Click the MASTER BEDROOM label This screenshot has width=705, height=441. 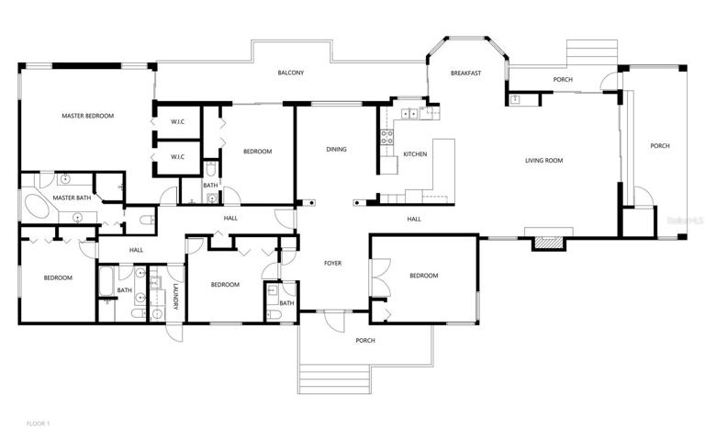[88, 116]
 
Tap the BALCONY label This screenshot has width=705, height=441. [291, 73]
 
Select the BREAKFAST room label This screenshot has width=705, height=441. [465, 73]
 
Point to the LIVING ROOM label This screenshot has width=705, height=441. [544, 160]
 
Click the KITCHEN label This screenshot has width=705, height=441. [415, 154]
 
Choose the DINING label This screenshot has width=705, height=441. [336, 149]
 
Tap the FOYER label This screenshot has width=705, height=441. [332, 263]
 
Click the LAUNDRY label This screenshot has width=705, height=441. [176, 296]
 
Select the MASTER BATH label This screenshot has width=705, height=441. [72, 198]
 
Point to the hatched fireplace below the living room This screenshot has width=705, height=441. [549, 243]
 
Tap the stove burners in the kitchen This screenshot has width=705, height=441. [387, 137]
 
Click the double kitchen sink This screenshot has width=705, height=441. [409, 113]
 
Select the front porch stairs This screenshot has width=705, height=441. [334, 379]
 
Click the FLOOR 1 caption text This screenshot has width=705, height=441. [39, 424]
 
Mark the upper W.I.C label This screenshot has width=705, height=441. [177, 121]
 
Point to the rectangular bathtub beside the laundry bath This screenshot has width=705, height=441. [106, 282]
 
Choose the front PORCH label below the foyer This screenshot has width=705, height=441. [365, 340]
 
